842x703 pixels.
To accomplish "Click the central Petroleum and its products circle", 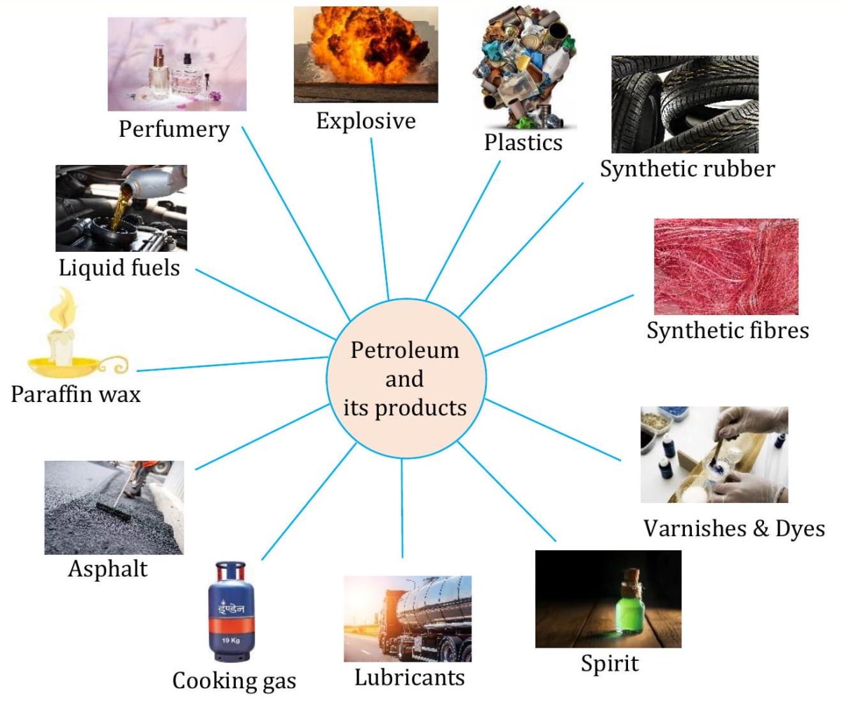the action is pos(405,378).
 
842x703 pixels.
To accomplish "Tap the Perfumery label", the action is pos(174,129).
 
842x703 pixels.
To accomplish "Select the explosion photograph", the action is pos(366,54).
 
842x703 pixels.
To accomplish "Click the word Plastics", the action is pos(523,142).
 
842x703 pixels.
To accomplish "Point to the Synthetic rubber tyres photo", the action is pos(685,104).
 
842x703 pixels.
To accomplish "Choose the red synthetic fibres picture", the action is pos(726,266).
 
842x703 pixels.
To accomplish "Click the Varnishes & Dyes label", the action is pos(734,528).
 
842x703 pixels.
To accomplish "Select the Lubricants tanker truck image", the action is pos(407,618).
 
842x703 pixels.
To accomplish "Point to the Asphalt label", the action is pos(108,568).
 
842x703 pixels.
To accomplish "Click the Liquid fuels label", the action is pos(119,267).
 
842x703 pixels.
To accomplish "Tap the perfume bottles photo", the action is pos(177,65).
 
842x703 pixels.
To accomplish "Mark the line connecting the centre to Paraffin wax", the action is pos(232,363).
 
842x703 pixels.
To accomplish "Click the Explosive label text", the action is pos(366,121).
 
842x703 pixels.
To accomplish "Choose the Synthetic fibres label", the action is pos(728,330).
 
